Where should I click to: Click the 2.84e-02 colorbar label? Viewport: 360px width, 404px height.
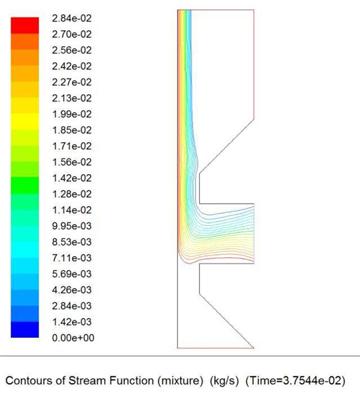click(72, 18)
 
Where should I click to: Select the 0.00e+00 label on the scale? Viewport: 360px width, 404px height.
click(73, 338)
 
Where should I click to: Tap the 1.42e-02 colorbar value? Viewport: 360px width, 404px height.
click(72, 178)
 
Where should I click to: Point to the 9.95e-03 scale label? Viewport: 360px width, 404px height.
click(72, 226)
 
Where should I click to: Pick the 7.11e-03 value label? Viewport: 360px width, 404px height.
click(72, 258)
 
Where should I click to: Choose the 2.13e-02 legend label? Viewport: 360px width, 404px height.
click(72, 98)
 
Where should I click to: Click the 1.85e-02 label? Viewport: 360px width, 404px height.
click(72, 130)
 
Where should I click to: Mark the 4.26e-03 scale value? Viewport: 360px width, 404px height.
click(72, 290)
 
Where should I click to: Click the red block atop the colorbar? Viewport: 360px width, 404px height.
click(25, 26)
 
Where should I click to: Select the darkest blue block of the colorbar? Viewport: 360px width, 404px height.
click(25, 329)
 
